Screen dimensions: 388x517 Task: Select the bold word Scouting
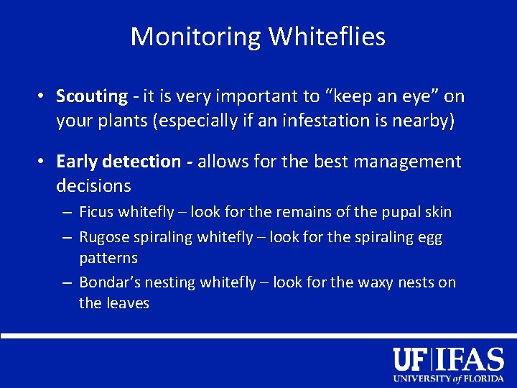coord(92,96)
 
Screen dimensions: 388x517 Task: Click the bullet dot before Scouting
coord(43,96)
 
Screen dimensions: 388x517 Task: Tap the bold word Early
coord(78,161)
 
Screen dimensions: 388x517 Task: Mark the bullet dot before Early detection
coord(43,161)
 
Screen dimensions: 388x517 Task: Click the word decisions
coord(93,186)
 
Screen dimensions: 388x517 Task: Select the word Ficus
coord(96,212)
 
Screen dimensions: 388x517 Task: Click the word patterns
coord(108,257)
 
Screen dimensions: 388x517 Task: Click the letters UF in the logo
coord(411,359)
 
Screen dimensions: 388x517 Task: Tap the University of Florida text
coord(448,378)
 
